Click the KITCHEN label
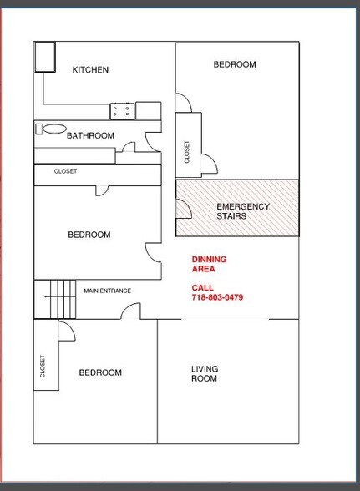pyautogui.click(x=90, y=70)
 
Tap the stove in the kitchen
pyautogui.click(x=122, y=109)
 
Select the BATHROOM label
pyautogui.click(x=90, y=135)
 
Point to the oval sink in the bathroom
pyautogui.click(x=53, y=129)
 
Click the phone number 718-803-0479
pyautogui.click(x=217, y=297)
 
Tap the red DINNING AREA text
pyautogui.click(x=209, y=264)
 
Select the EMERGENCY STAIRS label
pyautogui.click(x=242, y=211)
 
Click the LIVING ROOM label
pyautogui.click(x=205, y=373)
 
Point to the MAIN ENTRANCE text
pyautogui.click(x=107, y=291)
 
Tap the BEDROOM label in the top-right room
pyautogui.click(x=235, y=64)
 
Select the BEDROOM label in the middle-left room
pyautogui.click(x=89, y=235)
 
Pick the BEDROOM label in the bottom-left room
pyautogui.click(x=100, y=372)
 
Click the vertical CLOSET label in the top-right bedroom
pyautogui.click(x=186, y=152)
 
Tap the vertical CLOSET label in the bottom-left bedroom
pyautogui.click(x=43, y=367)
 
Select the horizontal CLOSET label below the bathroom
pyautogui.click(x=65, y=171)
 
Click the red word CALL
pyautogui.click(x=202, y=287)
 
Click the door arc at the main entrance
pyautogui.click(x=129, y=312)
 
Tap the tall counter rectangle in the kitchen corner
pyautogui.click(x=43, y=57)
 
